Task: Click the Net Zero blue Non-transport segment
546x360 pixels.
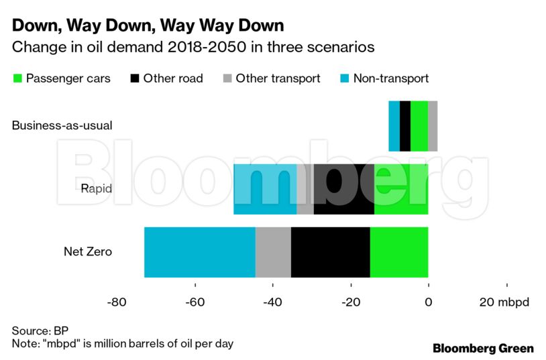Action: coord(199,252)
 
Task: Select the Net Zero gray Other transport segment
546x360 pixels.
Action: coord(273,252)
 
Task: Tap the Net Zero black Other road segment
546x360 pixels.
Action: coord(330,252)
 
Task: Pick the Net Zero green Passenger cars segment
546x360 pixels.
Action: coord(399,252)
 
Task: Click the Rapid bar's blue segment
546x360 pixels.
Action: coord(265,189)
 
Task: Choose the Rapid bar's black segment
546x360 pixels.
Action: coord(343,189)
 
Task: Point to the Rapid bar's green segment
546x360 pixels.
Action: coord(401,189)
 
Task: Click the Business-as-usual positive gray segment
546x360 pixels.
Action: coord(433,126)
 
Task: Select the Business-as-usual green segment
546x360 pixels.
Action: coord(419,126)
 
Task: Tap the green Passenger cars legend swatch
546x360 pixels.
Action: coord(17,78)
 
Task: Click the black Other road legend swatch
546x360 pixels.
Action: coord(134,78)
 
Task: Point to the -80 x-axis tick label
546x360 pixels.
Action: coord(116,302)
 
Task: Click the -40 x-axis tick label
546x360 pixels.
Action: coord(272,302)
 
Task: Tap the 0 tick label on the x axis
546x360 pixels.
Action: coord(429,302)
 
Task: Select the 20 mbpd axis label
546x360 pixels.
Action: coord(504,302)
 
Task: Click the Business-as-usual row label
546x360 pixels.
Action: coord(62,126)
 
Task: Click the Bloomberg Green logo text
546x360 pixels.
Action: coord(483,349)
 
